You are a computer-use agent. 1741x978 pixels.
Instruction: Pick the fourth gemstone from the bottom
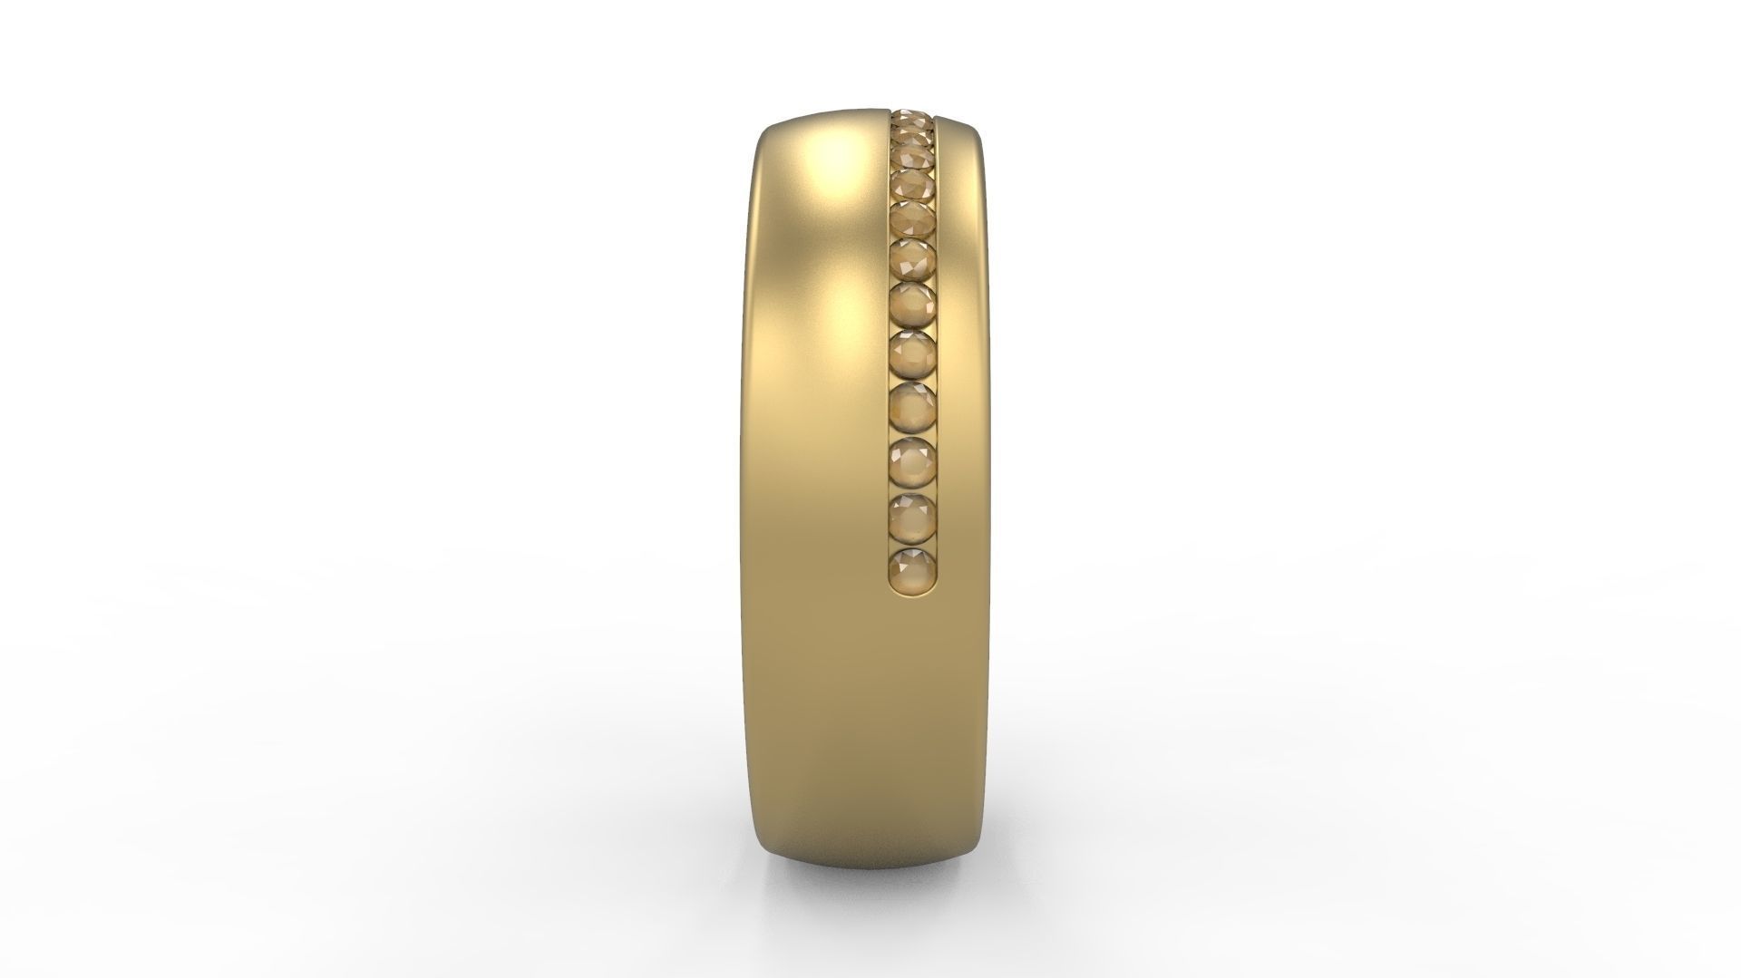point(912,408)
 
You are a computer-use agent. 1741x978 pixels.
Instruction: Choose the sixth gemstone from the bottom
point(912,306)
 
